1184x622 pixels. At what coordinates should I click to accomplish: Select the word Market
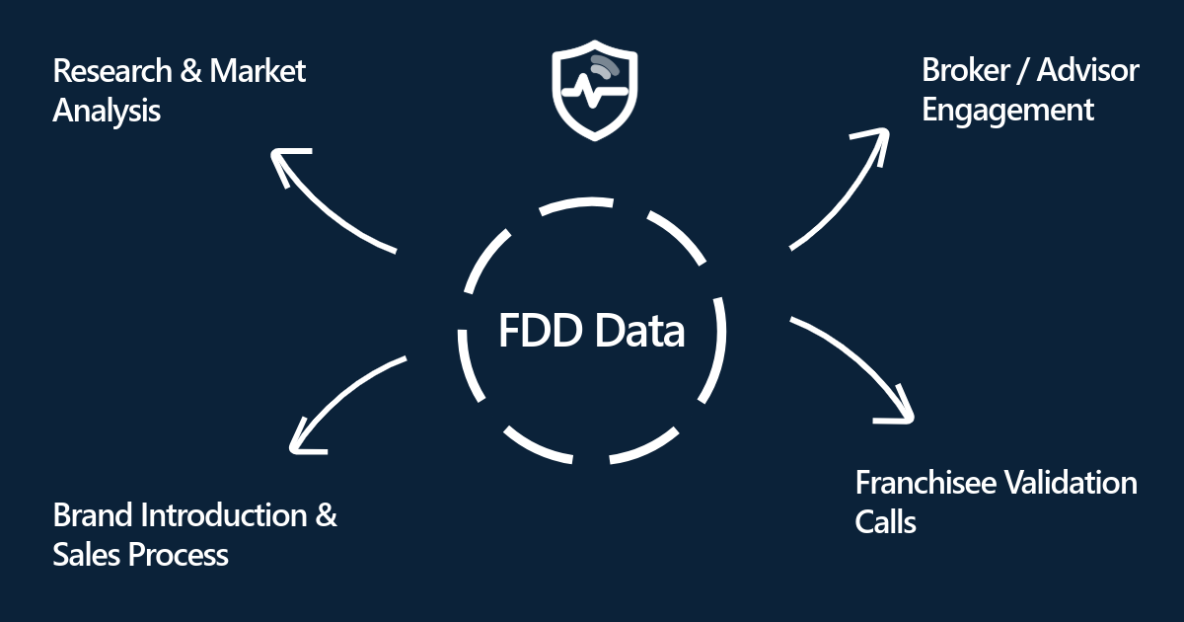point(259,72)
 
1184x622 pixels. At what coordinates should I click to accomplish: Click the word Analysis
point(107,111)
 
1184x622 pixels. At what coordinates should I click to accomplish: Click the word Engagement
point(1007,110)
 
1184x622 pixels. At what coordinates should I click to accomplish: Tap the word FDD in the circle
point(540,331)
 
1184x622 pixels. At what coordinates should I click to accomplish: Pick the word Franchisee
point(925,483)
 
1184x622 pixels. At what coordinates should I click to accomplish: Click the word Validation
point(1070,483)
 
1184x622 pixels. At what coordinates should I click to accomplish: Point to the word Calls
point(885,521)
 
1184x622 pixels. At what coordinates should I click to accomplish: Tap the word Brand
point(94,515)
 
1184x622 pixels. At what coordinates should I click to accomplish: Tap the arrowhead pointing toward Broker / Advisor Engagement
point(874,139)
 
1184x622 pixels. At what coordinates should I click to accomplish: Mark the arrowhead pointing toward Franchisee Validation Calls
point(898,410)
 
